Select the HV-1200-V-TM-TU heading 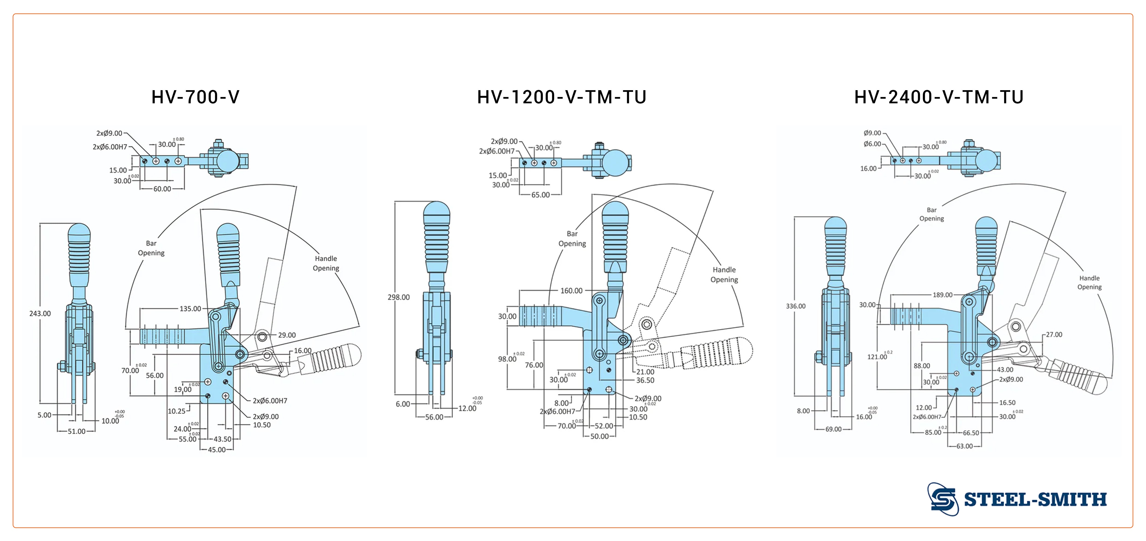561,97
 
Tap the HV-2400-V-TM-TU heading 939,97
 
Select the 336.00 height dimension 795,306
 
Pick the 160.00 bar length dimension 571,291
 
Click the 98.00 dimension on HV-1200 507,359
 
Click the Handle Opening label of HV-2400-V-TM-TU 1089,282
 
